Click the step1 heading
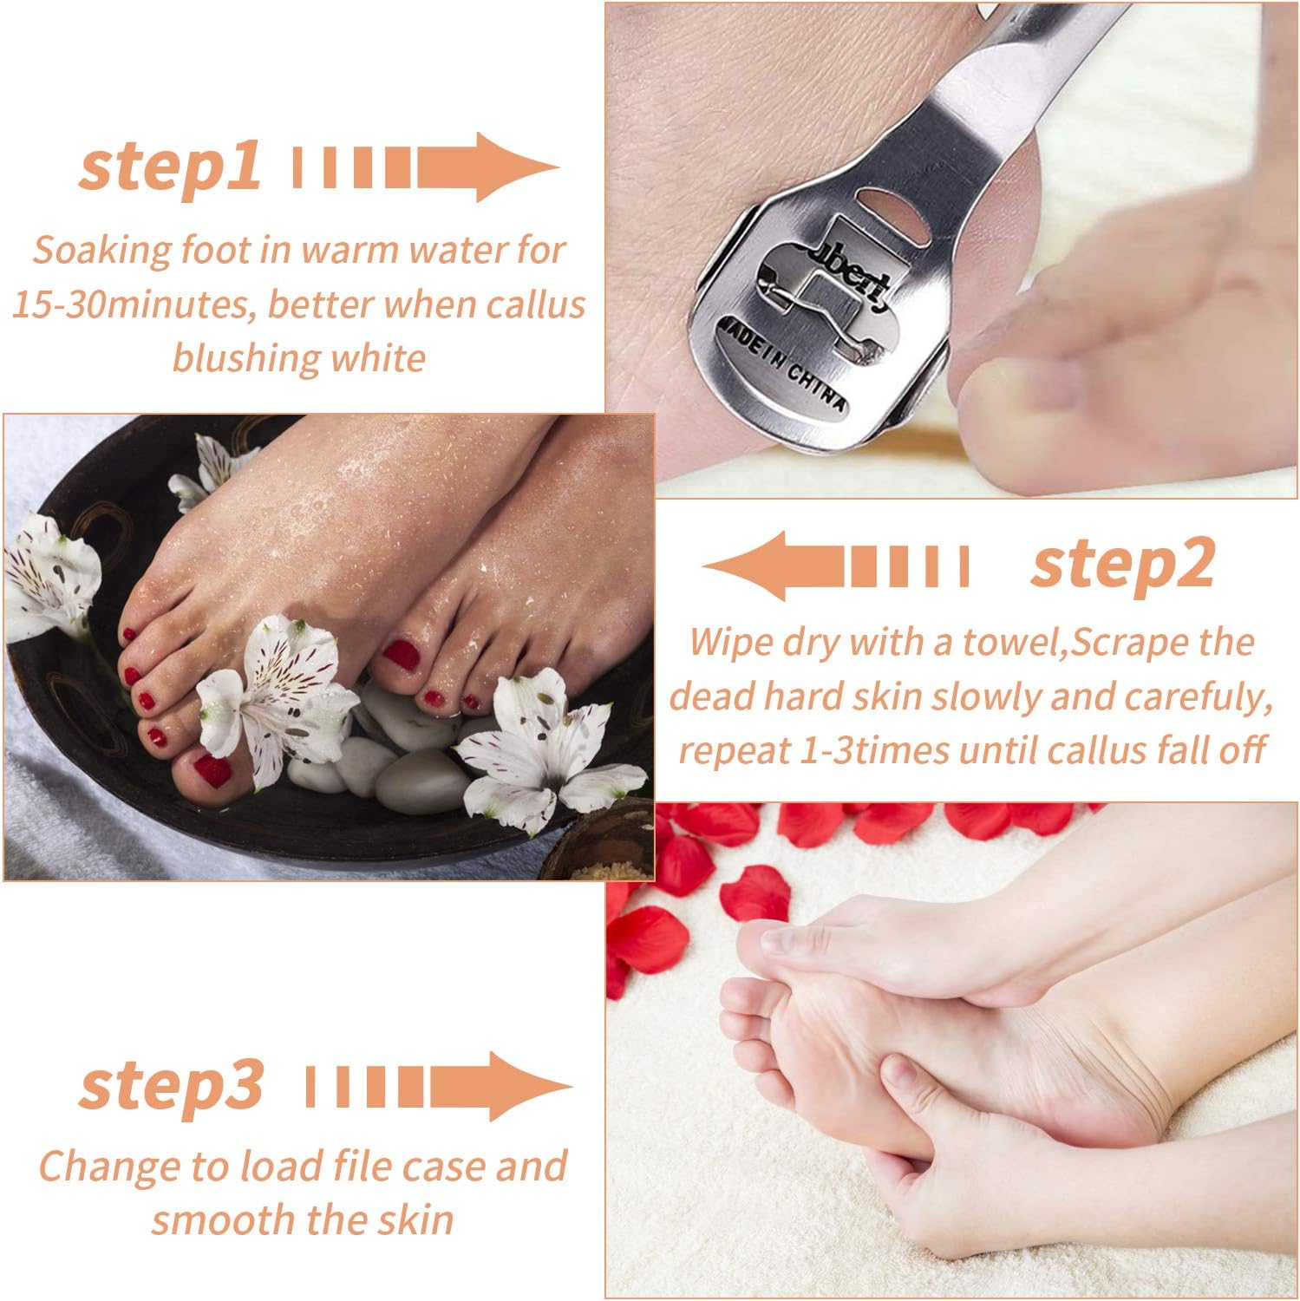pos(170,167)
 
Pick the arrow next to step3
pos(439,1085)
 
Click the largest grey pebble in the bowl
pos(420,780)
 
